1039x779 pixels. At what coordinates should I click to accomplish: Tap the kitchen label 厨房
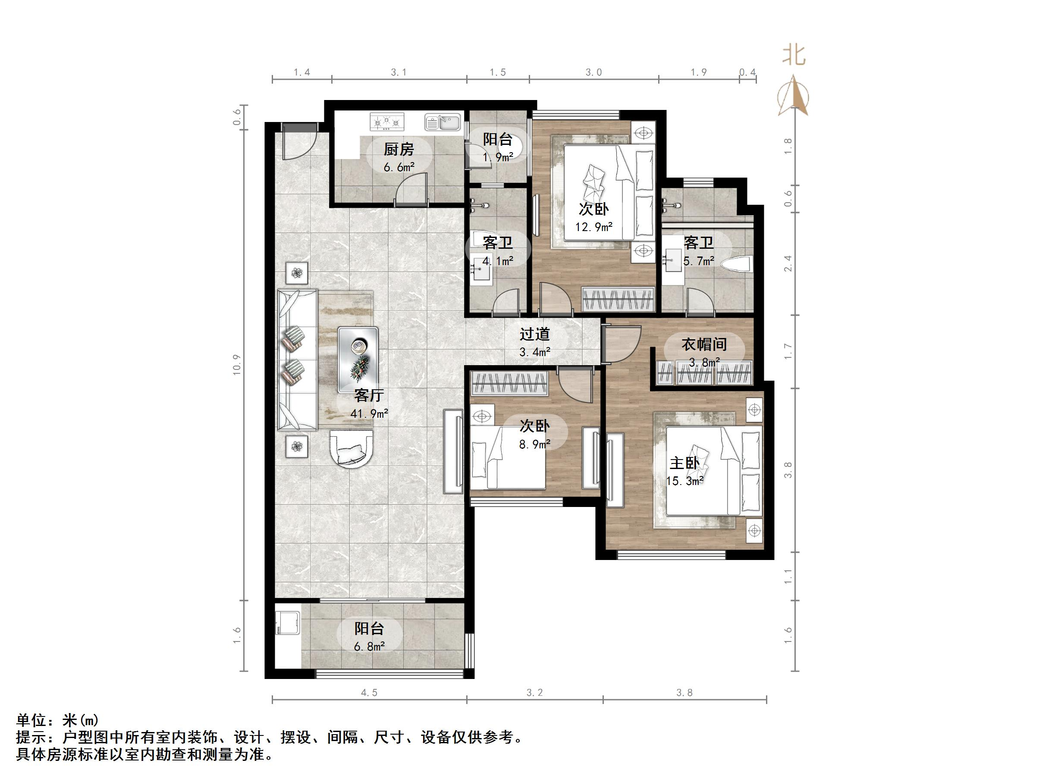(399, 149)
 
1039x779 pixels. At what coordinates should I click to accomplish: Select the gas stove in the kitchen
(387, 122)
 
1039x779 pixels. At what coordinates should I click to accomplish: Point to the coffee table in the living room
(358, 360)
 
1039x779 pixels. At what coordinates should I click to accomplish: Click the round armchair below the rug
(352, 448)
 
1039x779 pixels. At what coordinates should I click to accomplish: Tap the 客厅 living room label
(369, 395)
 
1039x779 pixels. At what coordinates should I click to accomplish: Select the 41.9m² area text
(369, 414)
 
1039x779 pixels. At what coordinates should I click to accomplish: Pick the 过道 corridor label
(534, 335)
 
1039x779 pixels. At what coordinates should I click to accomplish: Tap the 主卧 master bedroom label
(684, 463)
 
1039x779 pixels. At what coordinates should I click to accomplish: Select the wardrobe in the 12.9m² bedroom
(618, 299)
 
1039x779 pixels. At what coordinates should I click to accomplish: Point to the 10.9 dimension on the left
(237, 364)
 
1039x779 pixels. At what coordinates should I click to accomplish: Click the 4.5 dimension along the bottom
(369, 693)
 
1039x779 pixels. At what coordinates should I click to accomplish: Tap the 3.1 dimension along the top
(399, 72)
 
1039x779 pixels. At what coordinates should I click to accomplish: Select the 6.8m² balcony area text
(369, 647)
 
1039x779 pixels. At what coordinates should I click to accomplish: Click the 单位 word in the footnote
(32, 720)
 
